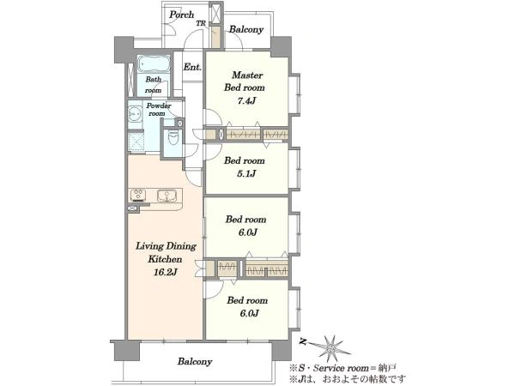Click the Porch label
pyautogui.click(x=182, y=15)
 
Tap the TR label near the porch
pyautogui.click(x=201, y=24)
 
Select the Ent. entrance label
pyautogui.click(x=192, y=67)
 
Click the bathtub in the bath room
pyautogui.click(x=154, y=63)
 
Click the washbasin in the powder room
pyautogui.click(x=135, y=114)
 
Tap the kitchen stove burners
pyautogui.click(x=138, y=195)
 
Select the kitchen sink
pyautogui.click(x=167, y=196)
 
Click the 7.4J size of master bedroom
pyautogui.click(x=246, y=100)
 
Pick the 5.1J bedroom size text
pyautogui.click(x=246, y=173)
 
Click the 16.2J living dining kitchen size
pyautogui.click(x=166, y=272)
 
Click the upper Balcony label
pyautogui.click(x=246, y=29)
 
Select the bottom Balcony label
pyautogui.click(x=195, y=362)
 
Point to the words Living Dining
pyautogui.click(x=167, y=246)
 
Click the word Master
pyautogui.click(x=247, y=75)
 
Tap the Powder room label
pyautogui.click(x=158, y=110)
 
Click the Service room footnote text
pyautogui.click(x=343, y=368)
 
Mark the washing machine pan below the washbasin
pyautogui.click(x=136, y=142)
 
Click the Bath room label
pyautogui.click(x=154, y=85)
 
